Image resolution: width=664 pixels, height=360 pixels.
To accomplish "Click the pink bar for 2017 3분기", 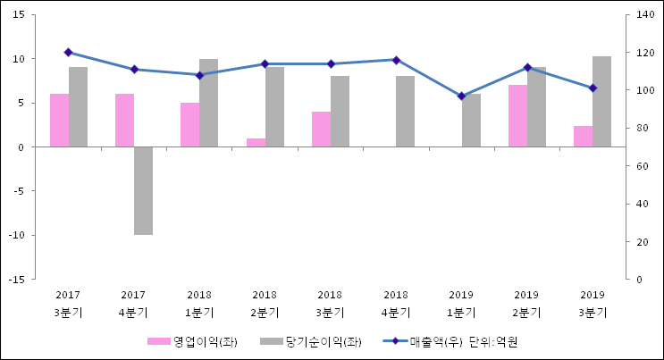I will pyautogui.click(x=59, y=120).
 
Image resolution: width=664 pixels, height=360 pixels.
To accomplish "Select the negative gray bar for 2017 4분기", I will pyautogui.click(x=143, y=190).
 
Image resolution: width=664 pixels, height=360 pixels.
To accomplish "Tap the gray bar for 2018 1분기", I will pyautogui.click(x=208, y=103).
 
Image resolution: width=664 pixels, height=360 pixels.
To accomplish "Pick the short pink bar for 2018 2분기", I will pyautogui.click(x=256, y=143).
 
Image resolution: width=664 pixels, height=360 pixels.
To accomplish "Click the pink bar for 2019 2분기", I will pyautogui.click(x=517, y=116).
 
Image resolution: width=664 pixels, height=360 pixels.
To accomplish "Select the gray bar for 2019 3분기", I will pyautogui.click(x=601, y=101).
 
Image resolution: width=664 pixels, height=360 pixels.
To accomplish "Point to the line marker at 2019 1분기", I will pyautogui.click(x=461, y=96).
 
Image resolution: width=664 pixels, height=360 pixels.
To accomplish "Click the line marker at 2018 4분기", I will pyautogui.click(x=396, y=60).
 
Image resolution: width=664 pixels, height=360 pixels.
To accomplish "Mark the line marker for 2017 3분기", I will pyautogui.click(x=68, y=52).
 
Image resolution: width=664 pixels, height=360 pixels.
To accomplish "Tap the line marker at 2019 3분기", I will pyautogui.click(x=593, y=88).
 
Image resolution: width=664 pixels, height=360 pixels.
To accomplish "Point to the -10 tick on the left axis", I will pyautogui.click(x=17, y=235).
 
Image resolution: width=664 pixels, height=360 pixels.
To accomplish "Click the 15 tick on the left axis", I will pyautogui.click(x=19, y=15).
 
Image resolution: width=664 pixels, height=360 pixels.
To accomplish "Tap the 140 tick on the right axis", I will pyautogui.click(x=643, y=15).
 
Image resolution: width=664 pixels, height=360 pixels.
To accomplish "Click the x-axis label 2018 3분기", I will pyautogui.click(x=330, y=304).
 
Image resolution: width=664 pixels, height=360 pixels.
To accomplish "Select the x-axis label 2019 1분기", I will pyautogui.click(x=461, y=304).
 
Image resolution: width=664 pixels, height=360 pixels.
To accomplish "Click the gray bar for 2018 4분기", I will pyautogui.click(x=405, y=111).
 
